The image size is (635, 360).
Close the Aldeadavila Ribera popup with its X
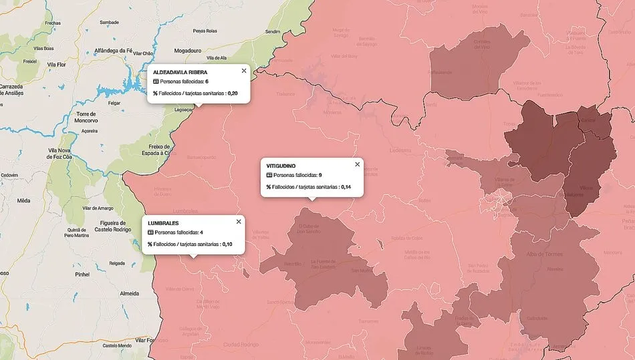point(243,71)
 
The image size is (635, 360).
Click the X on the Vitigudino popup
point(357,164)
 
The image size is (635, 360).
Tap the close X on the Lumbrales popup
point(239,222)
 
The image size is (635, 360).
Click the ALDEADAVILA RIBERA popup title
point(180,71)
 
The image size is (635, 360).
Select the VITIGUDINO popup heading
point(281,165)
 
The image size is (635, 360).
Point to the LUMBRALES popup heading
point(164,222)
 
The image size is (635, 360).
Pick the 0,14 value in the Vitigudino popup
point(346,187)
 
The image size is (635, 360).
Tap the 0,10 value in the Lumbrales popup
point(228,244)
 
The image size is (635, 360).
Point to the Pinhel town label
point(82,274)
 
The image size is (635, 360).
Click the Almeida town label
point(129,293)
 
